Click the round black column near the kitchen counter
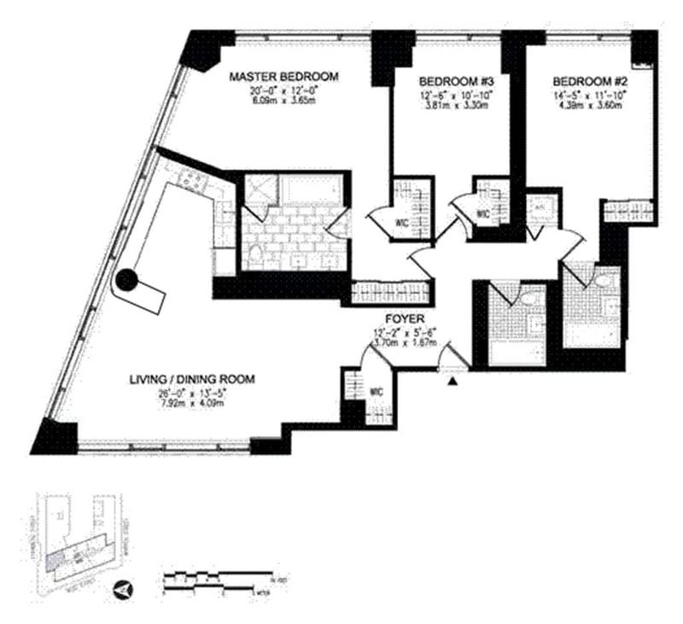tap(126, 278)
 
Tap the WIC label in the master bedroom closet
tap(399, 225)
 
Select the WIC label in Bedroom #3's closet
tap(483, 214)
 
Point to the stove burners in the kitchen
tap(190, 178)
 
